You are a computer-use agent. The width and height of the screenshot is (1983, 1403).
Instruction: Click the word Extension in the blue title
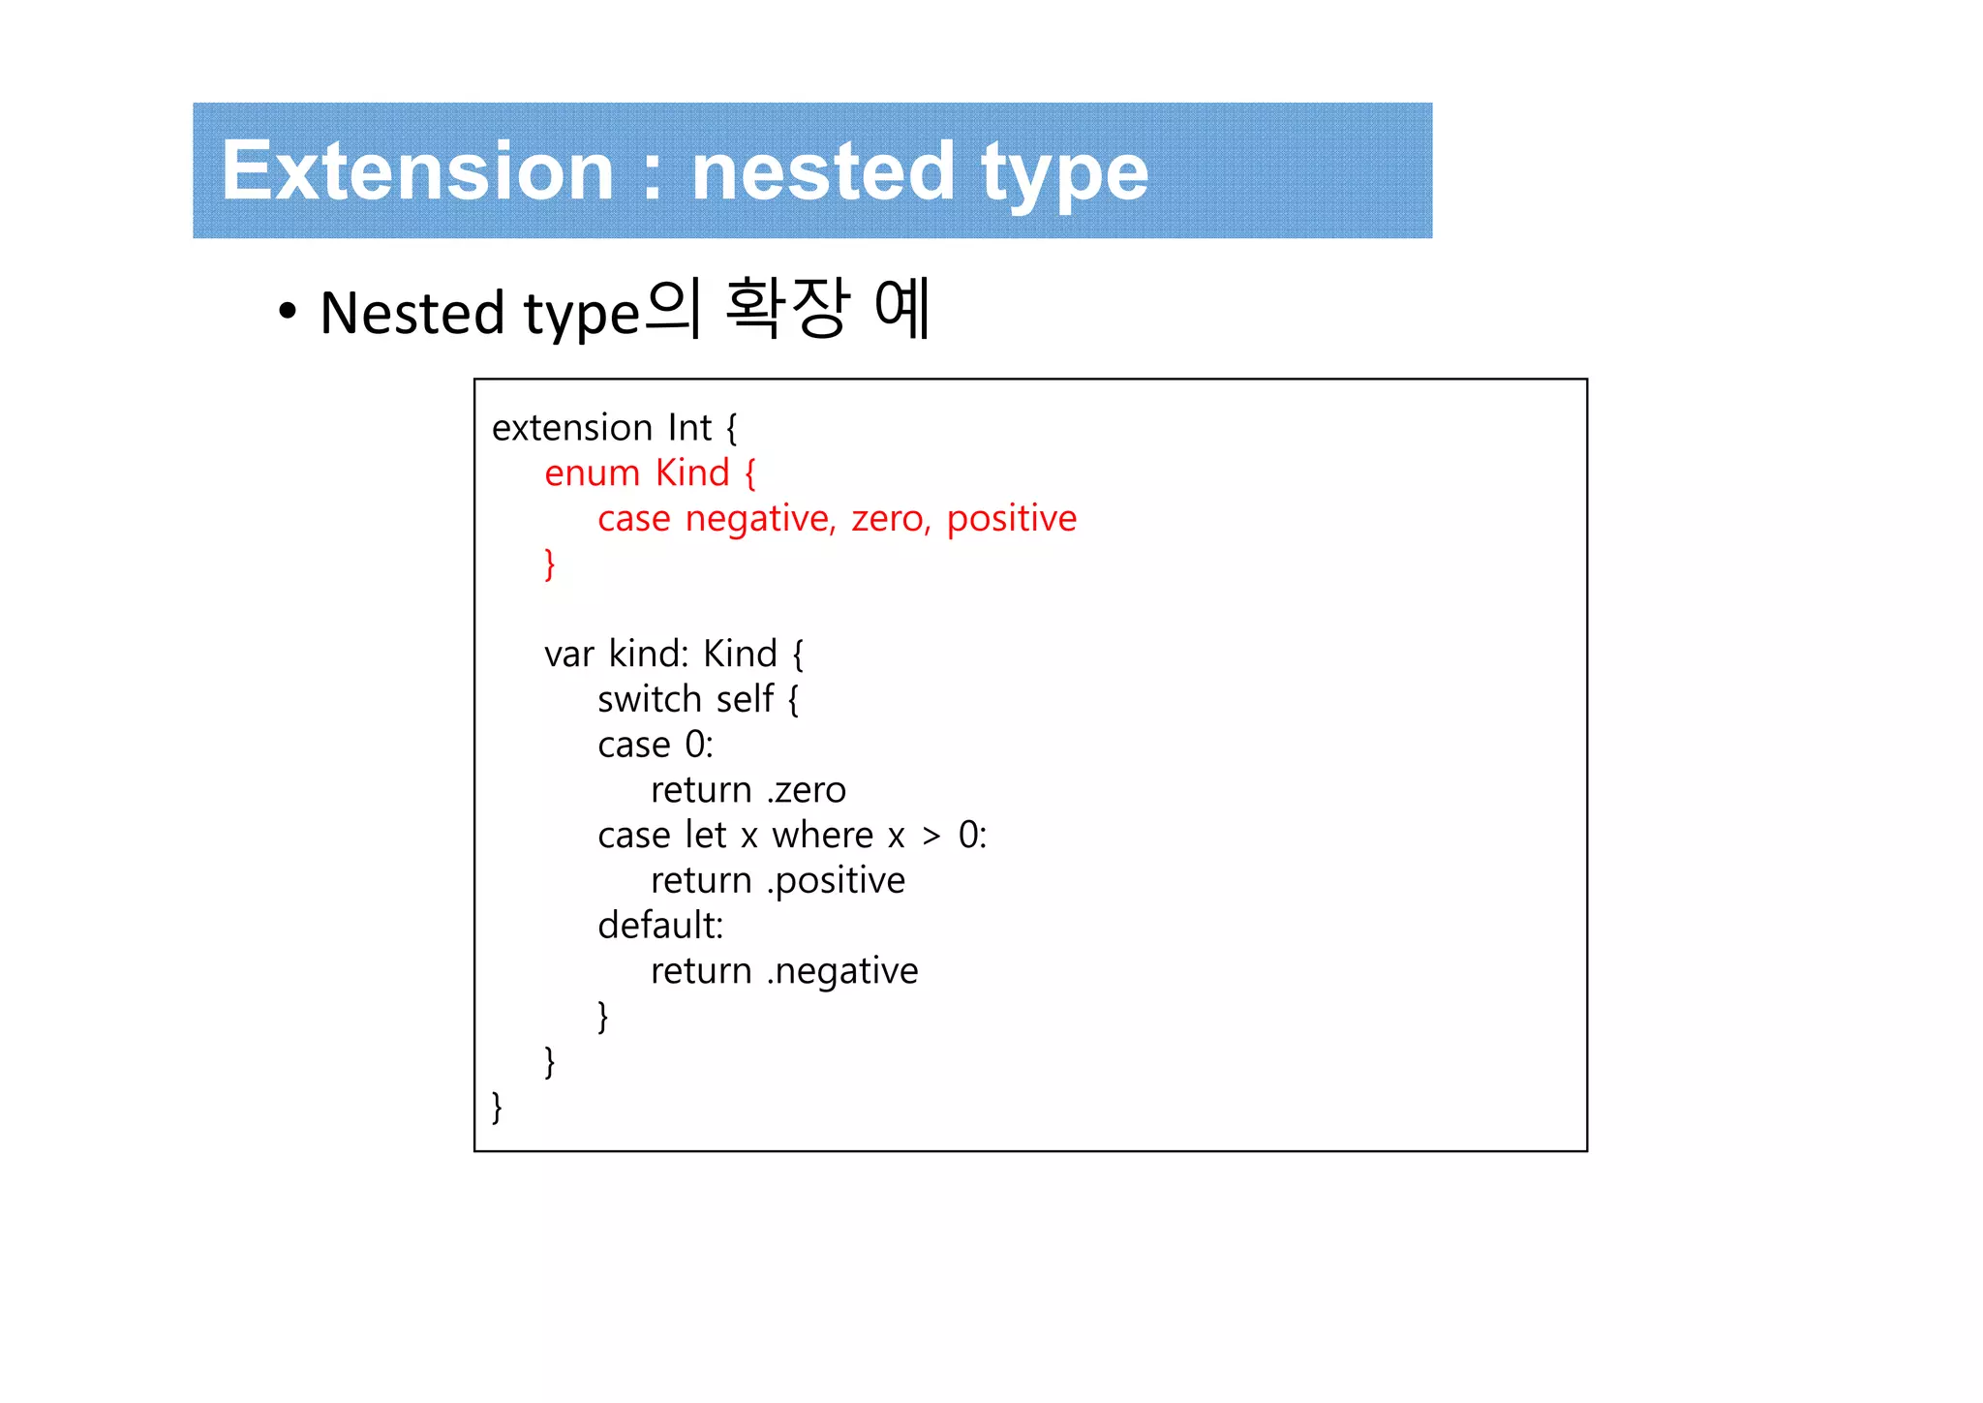417,171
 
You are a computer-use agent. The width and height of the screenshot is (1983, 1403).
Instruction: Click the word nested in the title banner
822,171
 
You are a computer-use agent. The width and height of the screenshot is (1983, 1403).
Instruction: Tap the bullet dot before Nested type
287,312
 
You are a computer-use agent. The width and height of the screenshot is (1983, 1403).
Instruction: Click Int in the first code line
689,428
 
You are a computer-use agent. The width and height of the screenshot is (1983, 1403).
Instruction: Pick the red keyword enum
592,473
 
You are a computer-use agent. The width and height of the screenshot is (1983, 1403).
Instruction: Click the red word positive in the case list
1011,519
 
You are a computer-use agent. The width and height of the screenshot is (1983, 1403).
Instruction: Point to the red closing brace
550,564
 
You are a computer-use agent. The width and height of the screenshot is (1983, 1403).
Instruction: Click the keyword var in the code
568,655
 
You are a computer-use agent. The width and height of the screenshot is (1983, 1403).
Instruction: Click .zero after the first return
807,790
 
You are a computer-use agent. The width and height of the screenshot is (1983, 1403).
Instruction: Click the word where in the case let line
822,835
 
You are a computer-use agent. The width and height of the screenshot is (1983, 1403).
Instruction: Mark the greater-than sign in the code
930,837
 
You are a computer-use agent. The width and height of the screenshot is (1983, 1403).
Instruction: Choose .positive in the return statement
837,881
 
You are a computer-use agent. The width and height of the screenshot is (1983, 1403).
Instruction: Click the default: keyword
660,926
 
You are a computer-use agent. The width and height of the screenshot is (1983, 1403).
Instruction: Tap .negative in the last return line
842,971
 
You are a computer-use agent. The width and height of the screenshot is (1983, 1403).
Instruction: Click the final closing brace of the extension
497,1107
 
